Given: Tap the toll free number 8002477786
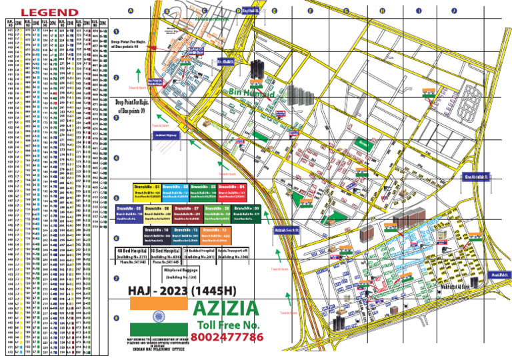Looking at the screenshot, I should point(227,337).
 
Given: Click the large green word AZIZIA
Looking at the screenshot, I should point(226,309).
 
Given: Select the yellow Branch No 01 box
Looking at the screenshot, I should point(147,191).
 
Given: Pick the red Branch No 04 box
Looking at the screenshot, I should point(232,191).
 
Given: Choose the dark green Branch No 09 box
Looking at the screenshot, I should point(247,213).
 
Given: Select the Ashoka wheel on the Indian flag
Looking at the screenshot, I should point(158,315).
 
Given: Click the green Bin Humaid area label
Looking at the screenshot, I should point(252,95).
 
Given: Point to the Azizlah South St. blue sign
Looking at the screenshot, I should point(288,231).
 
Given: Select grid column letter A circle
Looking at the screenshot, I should point(131,11).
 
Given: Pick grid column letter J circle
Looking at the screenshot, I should point(454,11).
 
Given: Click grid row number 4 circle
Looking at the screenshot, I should point(116,159).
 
